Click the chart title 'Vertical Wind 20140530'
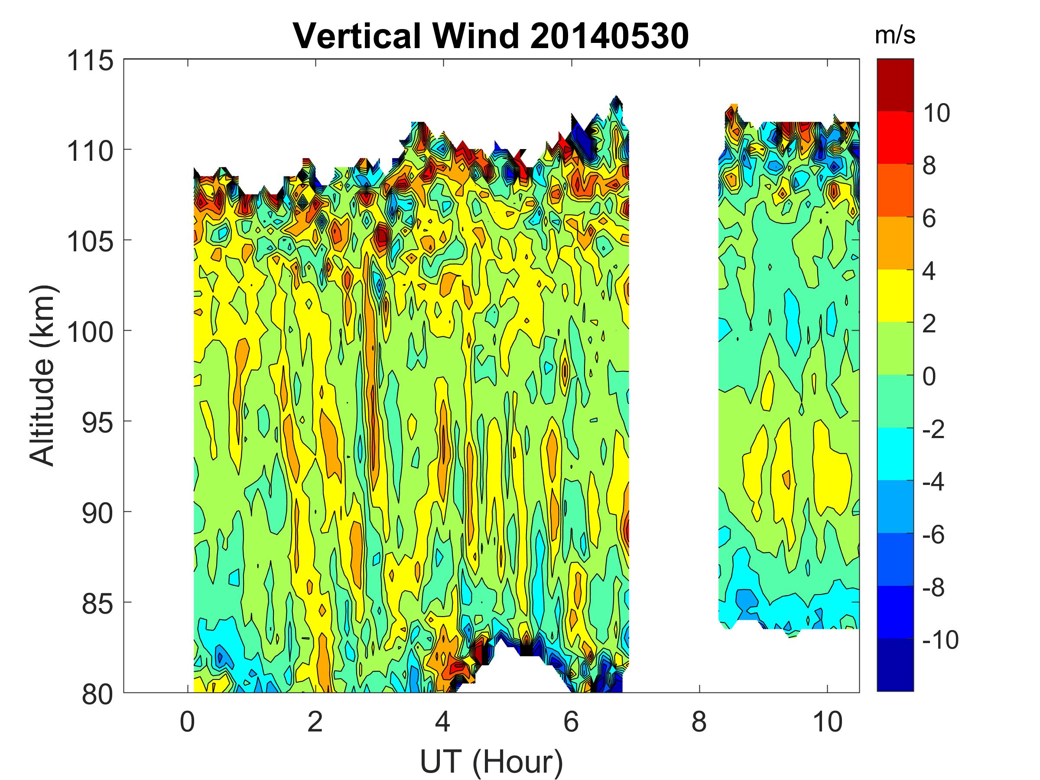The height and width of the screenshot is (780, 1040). pyautogui.click(x=491, y=36)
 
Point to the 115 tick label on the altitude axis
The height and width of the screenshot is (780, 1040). pyautogui.click(x=90, y=61)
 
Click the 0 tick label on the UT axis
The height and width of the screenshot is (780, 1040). pyautogui.click(x=187, y=721)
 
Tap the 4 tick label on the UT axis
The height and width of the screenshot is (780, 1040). pyautogui.click(x=443, y=721)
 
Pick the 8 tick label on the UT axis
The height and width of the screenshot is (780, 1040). pyautogui.click(x=699, y=721)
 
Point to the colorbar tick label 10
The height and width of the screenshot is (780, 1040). pyautogui.click(x=936, y=113)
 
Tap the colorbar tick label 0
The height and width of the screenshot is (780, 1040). pyautogui.click(x=929, y=377)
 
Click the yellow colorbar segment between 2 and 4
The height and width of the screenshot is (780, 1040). pyautogui.click(x=895, y=296)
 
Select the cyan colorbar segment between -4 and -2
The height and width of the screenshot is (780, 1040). pyautogui.click(x=895, y=454)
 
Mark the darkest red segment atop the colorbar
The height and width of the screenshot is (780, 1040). pyautogui.click(x=895, y=85)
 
